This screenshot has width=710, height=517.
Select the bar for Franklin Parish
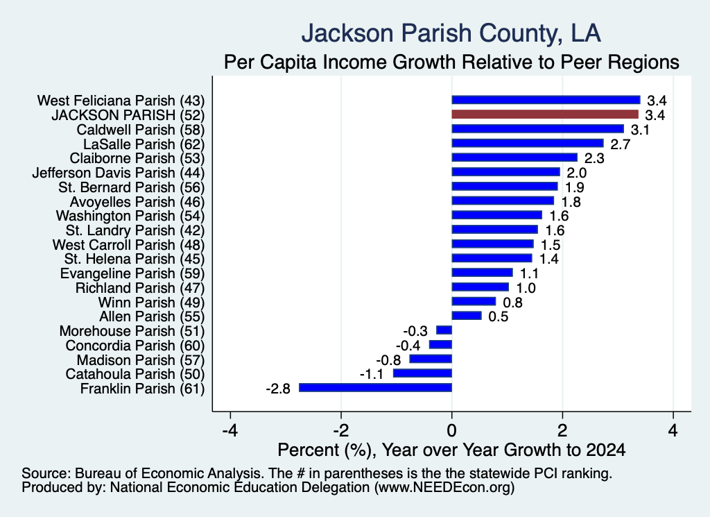tap(375, 388)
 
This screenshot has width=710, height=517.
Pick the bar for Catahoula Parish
tap(422, 373)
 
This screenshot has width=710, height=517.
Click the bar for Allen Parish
tap(467, 316)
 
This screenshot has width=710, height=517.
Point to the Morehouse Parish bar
tap(444, 330)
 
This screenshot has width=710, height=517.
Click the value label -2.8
tap(277, 389)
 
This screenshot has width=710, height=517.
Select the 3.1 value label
tap(640, 130)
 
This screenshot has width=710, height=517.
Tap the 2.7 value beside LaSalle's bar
tap(621, 144)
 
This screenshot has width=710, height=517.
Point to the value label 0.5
tap(498, 316)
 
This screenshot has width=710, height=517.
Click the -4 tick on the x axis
tap(230, 430)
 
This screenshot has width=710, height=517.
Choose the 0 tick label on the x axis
tap(451, 430)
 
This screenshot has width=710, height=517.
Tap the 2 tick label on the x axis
tap(562, 430)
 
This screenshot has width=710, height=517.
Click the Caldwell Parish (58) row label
tap(140, 130)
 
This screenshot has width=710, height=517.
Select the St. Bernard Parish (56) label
tap(131, 187)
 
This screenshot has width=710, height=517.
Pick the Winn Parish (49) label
tap(151, 303)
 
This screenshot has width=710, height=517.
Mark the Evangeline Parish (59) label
tap(132, 273)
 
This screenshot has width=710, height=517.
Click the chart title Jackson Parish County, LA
tap(451, 33)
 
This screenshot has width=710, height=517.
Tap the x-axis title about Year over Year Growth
tap(451, 450)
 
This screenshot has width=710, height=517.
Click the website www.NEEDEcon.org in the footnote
tap(444, 488)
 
